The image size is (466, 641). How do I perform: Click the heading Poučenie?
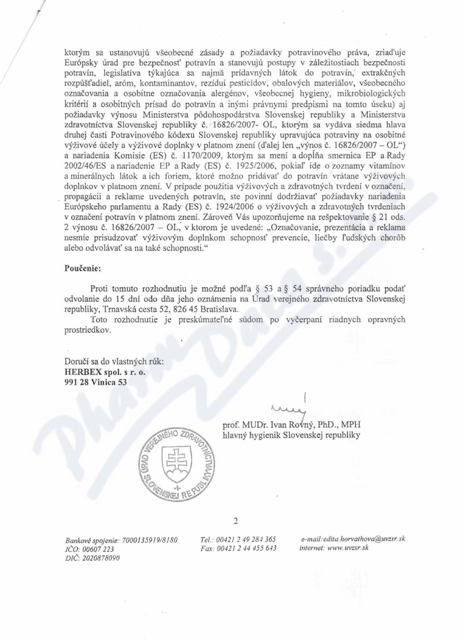(x=83, y=269)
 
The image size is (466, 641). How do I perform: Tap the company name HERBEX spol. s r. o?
(x=101, y=372)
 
